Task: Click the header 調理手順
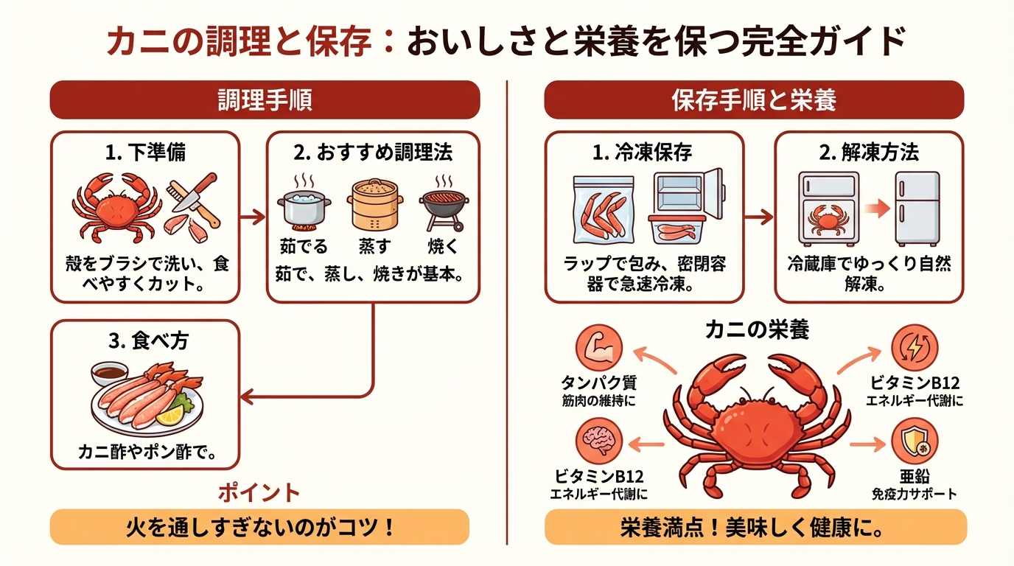tap(265, 100)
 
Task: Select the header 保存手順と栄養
tap(754, 100)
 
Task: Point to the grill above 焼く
tap(444, 204)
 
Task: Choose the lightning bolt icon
tap(915, 347)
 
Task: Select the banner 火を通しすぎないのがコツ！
tap(259, 528)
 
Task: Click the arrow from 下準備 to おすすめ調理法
tap(253, 217)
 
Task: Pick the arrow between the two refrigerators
tap(876, 209)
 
